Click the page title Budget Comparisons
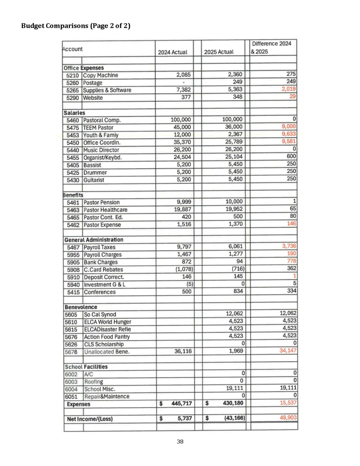pos(76,26)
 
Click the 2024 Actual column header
pos(172,52)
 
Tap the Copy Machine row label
pos(101,76)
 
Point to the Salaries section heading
pos(74,113)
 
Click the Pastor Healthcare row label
pos(105,210)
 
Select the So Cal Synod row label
pos(100,314)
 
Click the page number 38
pos(180,441)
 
